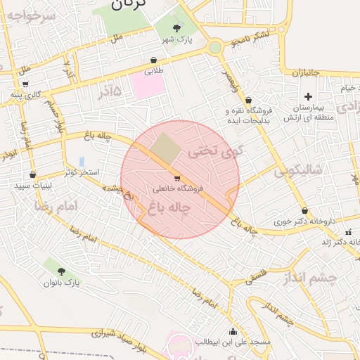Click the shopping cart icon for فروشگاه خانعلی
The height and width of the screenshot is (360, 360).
click(x=176, y=178)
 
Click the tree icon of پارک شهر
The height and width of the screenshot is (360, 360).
click(x=176, y=28)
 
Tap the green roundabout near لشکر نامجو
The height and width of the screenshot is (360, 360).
click(x=215, y=47)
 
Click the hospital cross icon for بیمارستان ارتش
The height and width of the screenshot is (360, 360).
click(x=307, y=96)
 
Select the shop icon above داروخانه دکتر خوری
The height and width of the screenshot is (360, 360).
click(x=304, y=210)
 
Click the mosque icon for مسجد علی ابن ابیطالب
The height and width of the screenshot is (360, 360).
click(x=233, y=331)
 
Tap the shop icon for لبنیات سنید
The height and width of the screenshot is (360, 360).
click(x=32, y=175)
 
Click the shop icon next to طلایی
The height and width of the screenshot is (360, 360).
click(x=154, y=60)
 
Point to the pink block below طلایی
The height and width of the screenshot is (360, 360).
click(x=148, y=86)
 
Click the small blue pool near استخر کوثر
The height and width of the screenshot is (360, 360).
click(x=82, y=162)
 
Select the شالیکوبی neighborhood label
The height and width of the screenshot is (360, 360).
click(x=298, y=169)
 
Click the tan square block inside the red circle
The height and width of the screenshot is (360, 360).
click(x=166, y=147)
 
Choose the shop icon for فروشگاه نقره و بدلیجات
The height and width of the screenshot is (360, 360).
click(x=248, y=101)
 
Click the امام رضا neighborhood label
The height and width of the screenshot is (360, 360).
click(x=58, y=207)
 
